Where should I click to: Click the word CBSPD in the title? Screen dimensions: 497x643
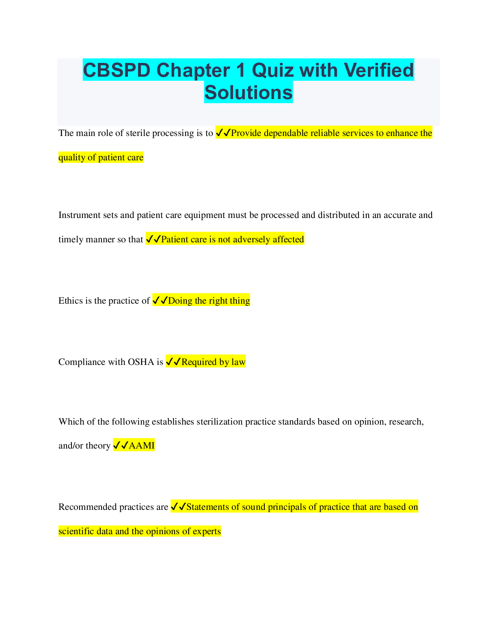click(x=117, y=70)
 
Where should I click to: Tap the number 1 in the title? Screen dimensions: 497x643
click(x=241, y=70)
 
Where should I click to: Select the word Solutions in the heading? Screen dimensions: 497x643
click(x=248, y=92)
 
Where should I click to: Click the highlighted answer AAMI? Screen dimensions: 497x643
click(x=141, y=446)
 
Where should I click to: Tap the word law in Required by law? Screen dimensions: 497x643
click(x=238, y=362)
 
